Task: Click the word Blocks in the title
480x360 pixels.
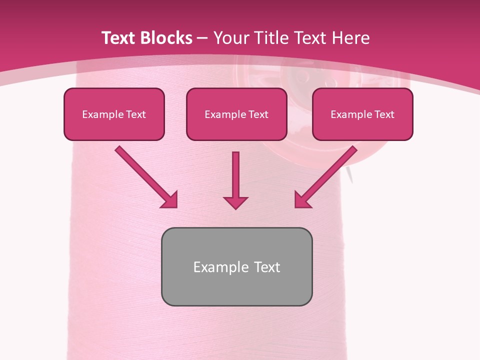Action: tap(167, 38)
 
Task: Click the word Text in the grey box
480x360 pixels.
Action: tap(267, 267)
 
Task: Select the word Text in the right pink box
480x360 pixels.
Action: tap(384, 114)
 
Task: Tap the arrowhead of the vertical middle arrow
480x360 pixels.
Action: tap(236, 202)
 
